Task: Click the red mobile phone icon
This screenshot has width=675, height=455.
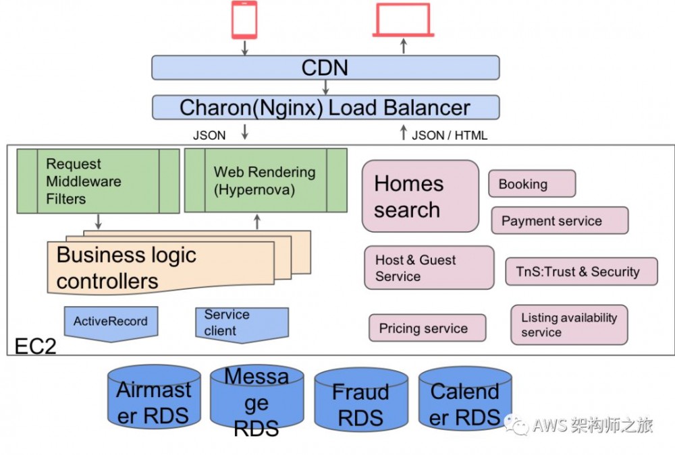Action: (x=244, y=20)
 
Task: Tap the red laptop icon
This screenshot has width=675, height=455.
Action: (x=403, y=20)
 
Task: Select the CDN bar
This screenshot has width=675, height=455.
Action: (x=325, y=67)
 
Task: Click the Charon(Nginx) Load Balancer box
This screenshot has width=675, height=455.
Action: (x=325, y=107)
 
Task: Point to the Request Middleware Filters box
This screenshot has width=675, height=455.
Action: (x=98, y=181)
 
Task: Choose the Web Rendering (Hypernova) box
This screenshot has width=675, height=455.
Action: (x=265, y=181)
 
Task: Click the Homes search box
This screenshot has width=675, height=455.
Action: (x=420, y=196)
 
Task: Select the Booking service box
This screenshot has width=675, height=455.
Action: (x=531, y=184)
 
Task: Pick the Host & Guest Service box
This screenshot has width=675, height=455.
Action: (x=429, y=268)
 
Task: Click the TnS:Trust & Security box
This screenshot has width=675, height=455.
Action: (x=581, y=272)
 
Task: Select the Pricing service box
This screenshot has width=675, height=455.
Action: (x=427, y=328)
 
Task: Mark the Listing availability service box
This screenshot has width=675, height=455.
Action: (x=569, y=324)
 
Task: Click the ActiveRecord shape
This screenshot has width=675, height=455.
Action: (x=111, y=323)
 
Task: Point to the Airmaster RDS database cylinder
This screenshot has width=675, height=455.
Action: (x=154, y=400)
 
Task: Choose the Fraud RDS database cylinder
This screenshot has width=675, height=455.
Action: (x=360, y=402)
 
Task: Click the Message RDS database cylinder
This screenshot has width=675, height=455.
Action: (x=256, y=402)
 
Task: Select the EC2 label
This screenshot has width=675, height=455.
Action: (x=34, y=346)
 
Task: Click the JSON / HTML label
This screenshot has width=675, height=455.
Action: (x=449, y=135)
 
